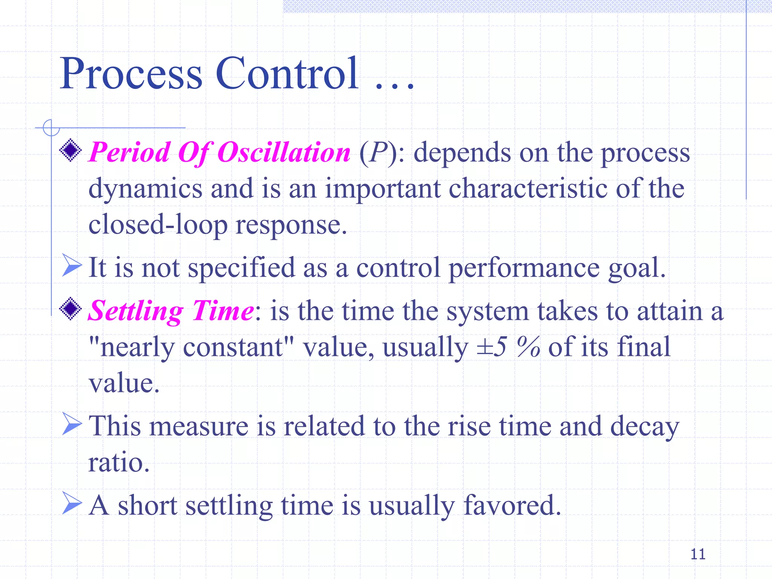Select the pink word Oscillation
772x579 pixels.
[x=284, y=152]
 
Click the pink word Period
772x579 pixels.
[x=129, y=152]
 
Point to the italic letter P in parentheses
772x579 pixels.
[x=378, y=152]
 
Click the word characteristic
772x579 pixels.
[x=528, y=188]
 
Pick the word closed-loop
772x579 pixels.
[x=158, y=225]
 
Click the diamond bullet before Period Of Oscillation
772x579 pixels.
[x=70, y=150]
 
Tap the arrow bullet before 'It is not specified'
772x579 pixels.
[x=71, y=265]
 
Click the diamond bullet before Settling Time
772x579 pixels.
[x=70, y=309]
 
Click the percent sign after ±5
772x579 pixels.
[x=528, y=347]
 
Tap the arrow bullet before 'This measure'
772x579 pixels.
[x=71, y=424]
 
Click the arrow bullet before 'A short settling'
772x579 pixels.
[x=71, y=503]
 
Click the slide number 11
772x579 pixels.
[x=698, y=554]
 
